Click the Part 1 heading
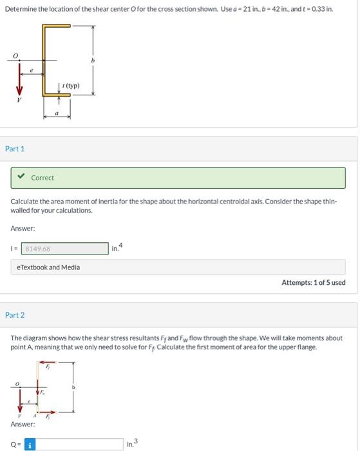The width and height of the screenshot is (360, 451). tap(15, 149)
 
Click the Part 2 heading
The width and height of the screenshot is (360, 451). tap(15, 315)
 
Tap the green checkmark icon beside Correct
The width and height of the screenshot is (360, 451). tap(21, 178)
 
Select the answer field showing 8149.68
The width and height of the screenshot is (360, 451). tap(65, 249)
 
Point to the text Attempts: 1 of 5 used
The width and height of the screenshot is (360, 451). tap(313, 283)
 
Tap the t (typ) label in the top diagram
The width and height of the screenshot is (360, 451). tap(68, 86)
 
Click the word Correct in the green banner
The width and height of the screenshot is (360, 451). tap(43, 178)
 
